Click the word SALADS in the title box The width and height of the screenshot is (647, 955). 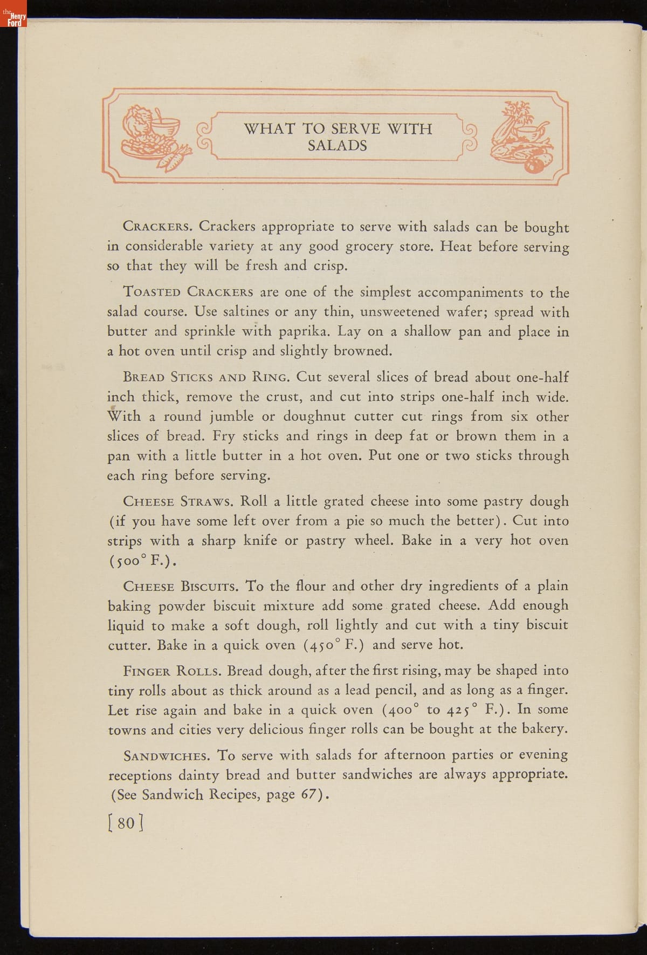[337, 146]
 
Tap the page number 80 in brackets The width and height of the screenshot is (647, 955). [126, 823]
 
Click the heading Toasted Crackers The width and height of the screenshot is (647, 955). [188, 292]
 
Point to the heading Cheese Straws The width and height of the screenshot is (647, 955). [178, 501]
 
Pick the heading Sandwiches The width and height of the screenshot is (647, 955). [167, 756]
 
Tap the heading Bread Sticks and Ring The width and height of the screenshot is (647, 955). [208, 377]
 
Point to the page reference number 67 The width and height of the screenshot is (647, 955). [308, 795]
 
